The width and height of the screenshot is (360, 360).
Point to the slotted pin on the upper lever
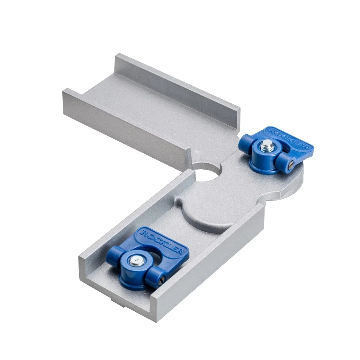[x=289, y=165]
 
